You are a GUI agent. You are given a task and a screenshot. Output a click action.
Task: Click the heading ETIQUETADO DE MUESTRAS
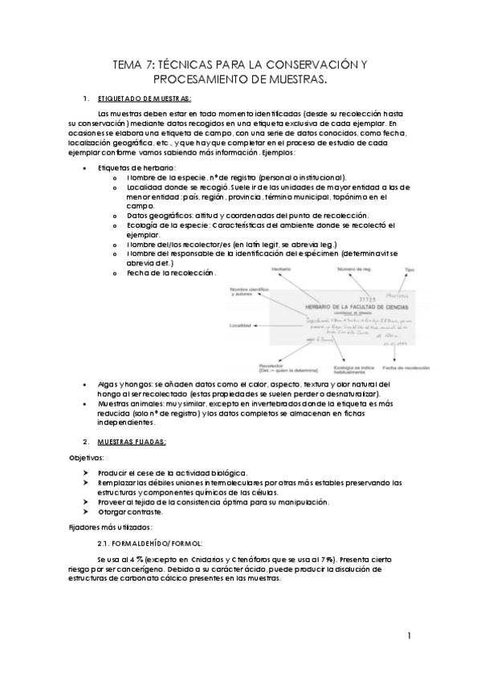click(x=144, y=99)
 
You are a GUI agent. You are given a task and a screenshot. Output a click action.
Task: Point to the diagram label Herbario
click(x=280, y=268)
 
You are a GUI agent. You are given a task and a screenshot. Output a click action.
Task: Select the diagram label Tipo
click(x=410, y=270)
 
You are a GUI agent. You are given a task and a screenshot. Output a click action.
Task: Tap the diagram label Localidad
click(x=242, y=326)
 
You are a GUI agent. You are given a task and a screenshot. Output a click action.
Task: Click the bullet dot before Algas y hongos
click(x=86, y=386)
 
